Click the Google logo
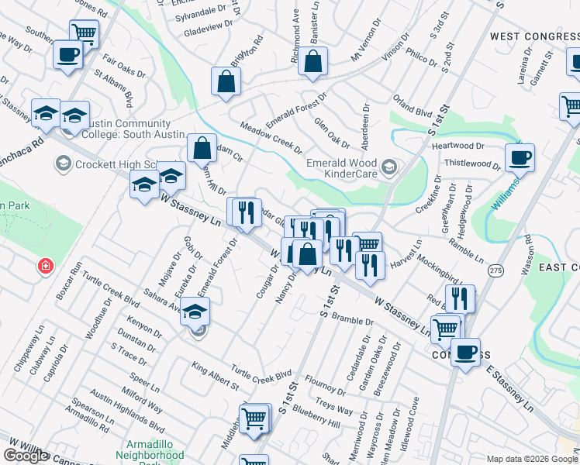26,456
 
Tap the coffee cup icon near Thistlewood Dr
520,158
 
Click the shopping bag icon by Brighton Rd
226,82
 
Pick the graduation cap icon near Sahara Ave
195,313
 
